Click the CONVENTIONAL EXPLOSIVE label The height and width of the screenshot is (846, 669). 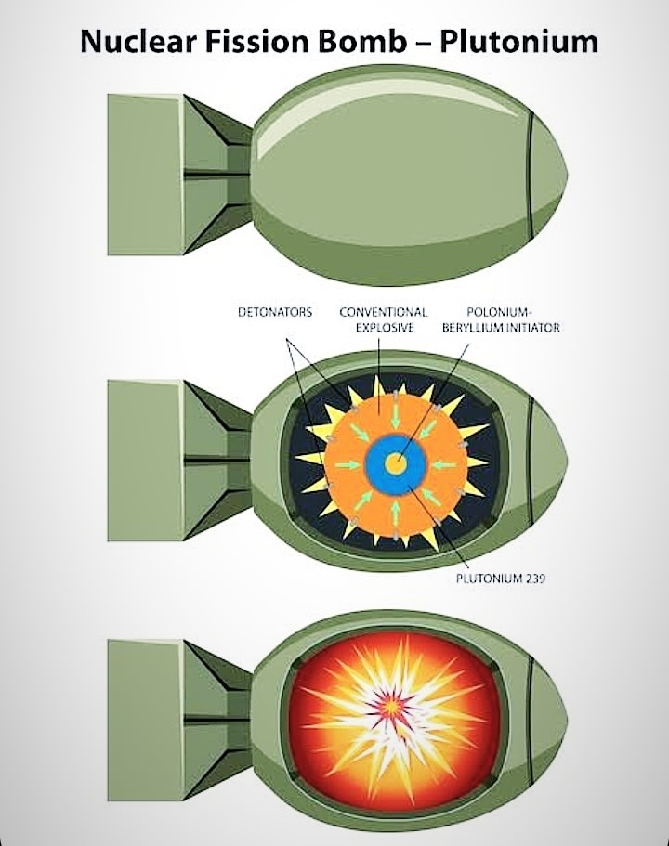383,320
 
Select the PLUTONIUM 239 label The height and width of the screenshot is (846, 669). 500,579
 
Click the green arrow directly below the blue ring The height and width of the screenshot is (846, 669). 397,509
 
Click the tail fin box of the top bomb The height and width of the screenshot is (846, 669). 144,175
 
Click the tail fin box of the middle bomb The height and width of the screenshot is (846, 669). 144,461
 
